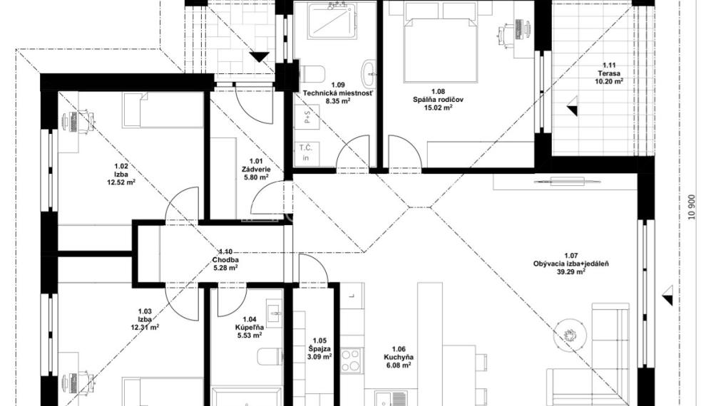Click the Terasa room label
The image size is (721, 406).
tap(608, 73)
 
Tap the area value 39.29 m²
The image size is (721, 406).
tap(571, 271)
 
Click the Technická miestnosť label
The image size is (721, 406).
tap(337, 93)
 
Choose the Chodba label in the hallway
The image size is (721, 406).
tap(225, 260)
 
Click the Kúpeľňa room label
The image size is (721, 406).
tap(250, 328)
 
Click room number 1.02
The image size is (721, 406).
tap(121, 166)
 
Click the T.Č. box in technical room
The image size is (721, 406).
tap(307, 152)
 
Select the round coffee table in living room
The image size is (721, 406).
tap(570, 334)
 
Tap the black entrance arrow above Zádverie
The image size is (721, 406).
tap(259, 57)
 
